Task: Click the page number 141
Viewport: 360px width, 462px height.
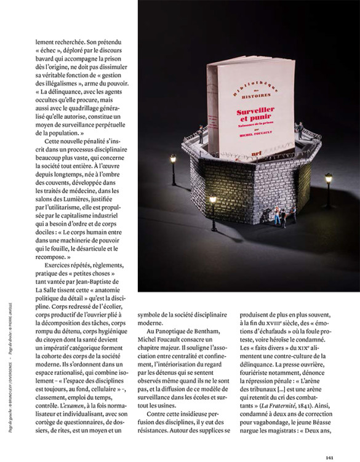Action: point(330,456)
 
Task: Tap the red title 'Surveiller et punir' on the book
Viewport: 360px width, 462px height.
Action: point(255,114)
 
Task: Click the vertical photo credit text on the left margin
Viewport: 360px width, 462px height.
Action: point(15,381)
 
